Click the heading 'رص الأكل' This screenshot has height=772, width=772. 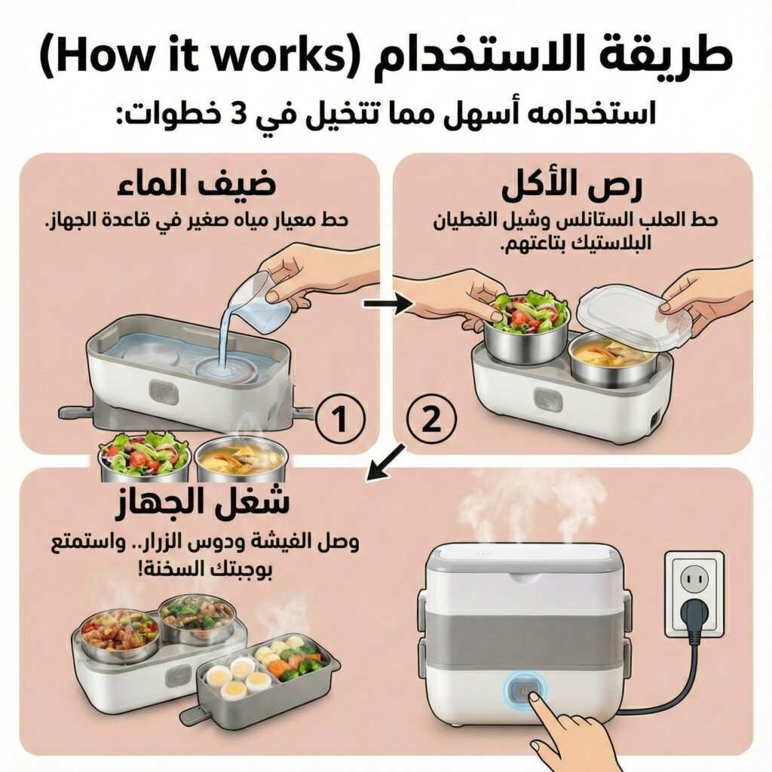click(571, 186)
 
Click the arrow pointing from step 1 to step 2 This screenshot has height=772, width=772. click(388, 305)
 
